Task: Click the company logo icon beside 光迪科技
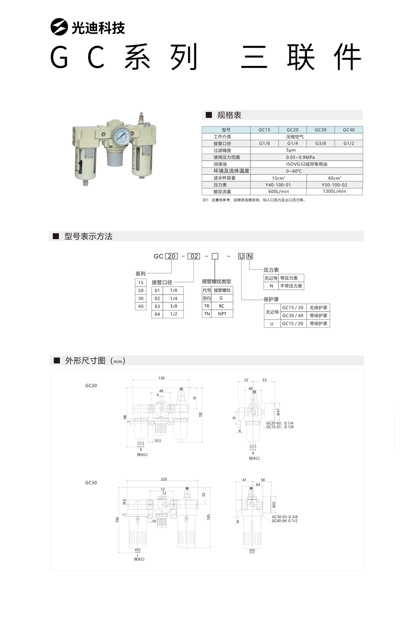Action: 59,27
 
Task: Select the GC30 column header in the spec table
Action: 320,130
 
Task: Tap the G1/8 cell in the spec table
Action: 264,144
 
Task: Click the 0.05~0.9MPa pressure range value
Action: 306,157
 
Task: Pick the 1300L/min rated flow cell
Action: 334,191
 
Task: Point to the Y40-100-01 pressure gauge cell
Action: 278,185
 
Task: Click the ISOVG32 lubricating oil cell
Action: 306,164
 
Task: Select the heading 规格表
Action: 229,115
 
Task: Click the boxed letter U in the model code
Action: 241,256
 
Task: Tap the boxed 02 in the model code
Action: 194,256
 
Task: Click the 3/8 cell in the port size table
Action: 173,306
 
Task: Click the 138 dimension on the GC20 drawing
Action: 161,378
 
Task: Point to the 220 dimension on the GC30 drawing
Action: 164,479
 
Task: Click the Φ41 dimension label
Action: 278,411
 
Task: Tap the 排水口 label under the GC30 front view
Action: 139,559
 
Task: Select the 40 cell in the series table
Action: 141,306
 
